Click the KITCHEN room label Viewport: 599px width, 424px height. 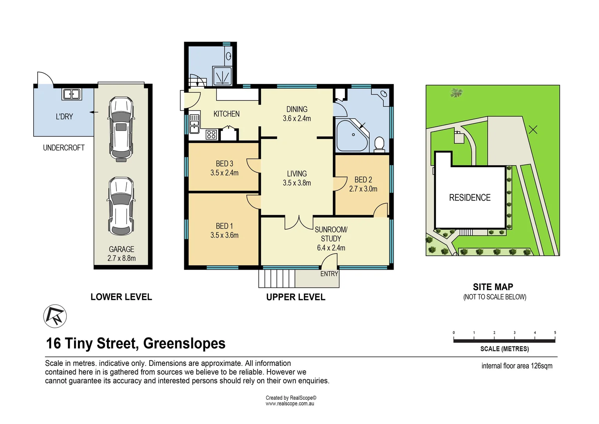pyautogui.click(x=226, y=114)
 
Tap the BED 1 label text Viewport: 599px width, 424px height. pyautogui.click(x=224, y=226)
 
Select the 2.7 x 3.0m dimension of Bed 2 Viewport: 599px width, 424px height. pyautogui.click(x=363, y=189)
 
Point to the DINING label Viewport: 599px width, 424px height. pyautogui.click(x=297, y=109)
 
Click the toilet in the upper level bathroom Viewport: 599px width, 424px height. pyautogui.click(x=379, y=144)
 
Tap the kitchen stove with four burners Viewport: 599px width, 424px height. pyautogui.click(x=211, y=135)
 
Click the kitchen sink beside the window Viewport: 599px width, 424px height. pyautogui.click(x=194, y=124)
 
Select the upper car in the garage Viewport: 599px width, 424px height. pyautogui.click(x=121, y=129)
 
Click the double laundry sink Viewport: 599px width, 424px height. pyautogui.click(x=72, y=94)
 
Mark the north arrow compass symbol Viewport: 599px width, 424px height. pyautogui.click(x=55, y=316)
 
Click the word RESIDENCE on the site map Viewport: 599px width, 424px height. pyautogui.click(x=470, y=197)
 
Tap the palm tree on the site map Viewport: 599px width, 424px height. pyautogui.click(x=456, y=93)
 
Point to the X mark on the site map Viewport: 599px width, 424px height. pyautogui.click(x=533, y=129)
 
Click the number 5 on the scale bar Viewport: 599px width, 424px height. pyautogui.click(x=555, y=333)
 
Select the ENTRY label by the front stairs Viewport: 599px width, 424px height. pyautogui.click(x=329, y=274)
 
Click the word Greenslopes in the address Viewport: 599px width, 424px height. pyautogui.click(x=184, y=344)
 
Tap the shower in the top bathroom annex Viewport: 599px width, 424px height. pyautogui.click(x=222, y=76)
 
